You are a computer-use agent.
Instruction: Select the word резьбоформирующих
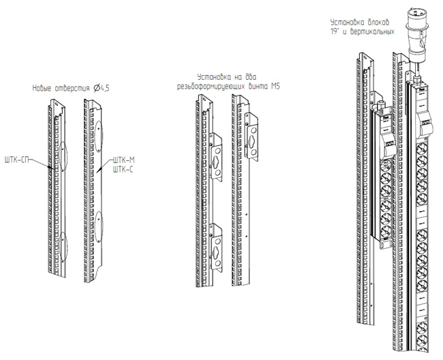pyautogui.click(x=214, y=87)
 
